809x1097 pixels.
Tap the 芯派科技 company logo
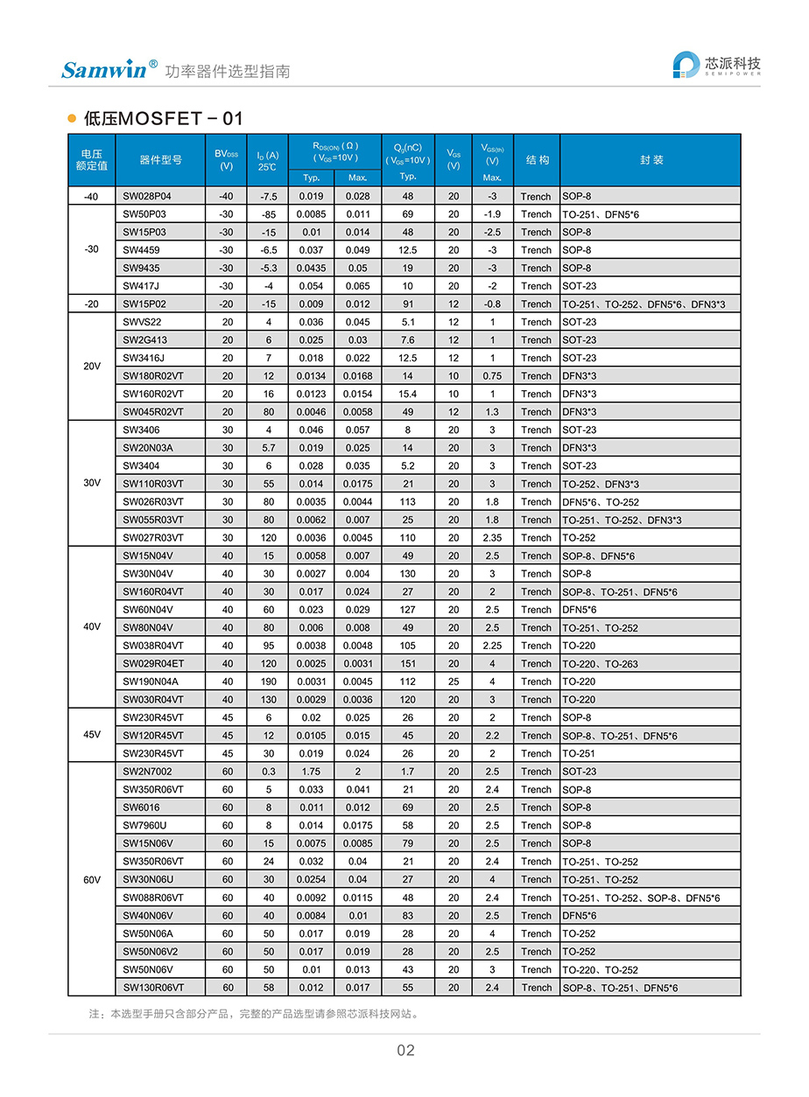click(x=716, y=66)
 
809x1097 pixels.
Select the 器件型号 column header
click(x=160, y=160)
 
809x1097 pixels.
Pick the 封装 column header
click(x=651, y=160)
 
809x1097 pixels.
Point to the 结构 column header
click(x=537, y=160)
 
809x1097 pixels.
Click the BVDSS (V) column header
click(x=227, y=160)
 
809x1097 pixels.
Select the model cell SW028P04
click(x=147, y=197)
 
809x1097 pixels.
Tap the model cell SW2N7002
click(x=147, y=772)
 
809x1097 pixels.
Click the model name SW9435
click(x=141, y=269)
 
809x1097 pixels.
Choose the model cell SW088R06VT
click(x=153, y=898)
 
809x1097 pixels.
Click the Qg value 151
click(x=408, y=664)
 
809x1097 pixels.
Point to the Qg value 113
click(x=408, y=502)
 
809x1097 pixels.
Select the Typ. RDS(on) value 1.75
click(x=311, y=772)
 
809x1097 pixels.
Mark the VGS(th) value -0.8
click(x=493, y=304)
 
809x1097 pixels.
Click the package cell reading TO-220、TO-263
click(x=600, y=664)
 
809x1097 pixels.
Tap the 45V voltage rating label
click(x=92, y=735)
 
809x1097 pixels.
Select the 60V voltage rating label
click(x=92, y=879)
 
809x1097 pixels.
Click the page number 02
click(x=405, y=1051)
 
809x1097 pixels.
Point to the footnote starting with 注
click(x=254, y=1015)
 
